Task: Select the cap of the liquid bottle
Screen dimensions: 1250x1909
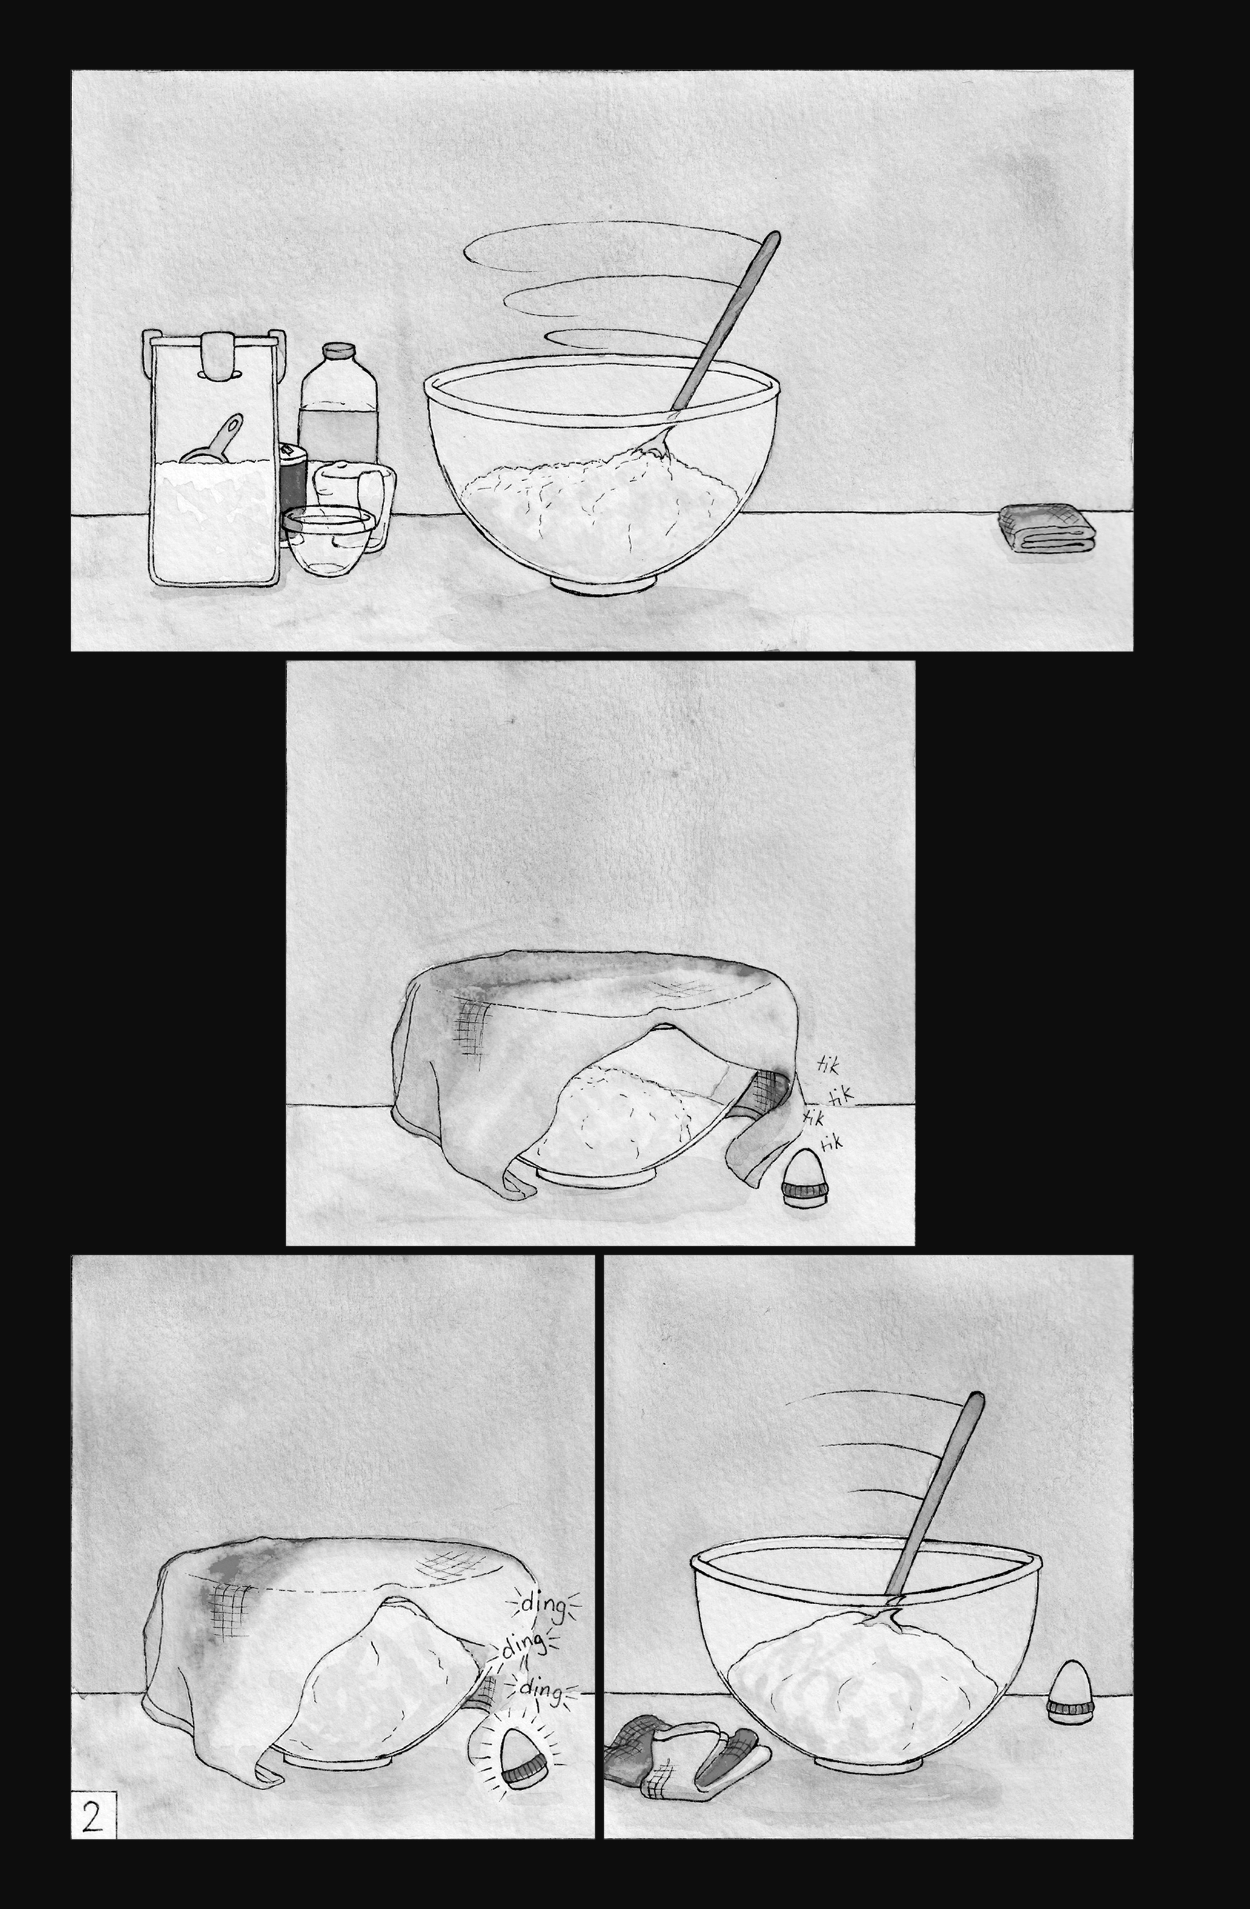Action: click(340, 351)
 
